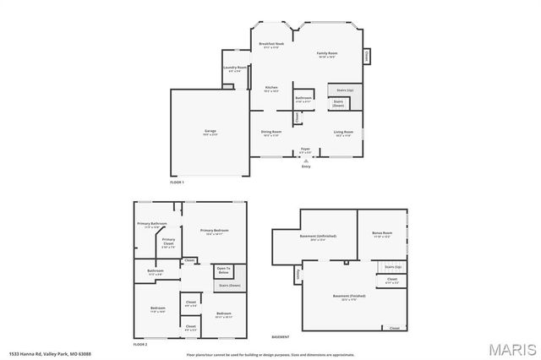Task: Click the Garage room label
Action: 210,132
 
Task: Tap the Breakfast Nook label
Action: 271,44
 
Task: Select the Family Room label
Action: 327,54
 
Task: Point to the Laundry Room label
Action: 234,68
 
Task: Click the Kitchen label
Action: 271,88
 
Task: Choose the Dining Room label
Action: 271,133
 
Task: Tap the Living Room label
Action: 343,133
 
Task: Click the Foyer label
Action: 305,150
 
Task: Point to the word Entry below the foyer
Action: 306,166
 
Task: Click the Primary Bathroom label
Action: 153,224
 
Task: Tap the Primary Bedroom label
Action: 214,231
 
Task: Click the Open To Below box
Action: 223,271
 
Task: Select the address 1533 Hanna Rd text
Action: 50,354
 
